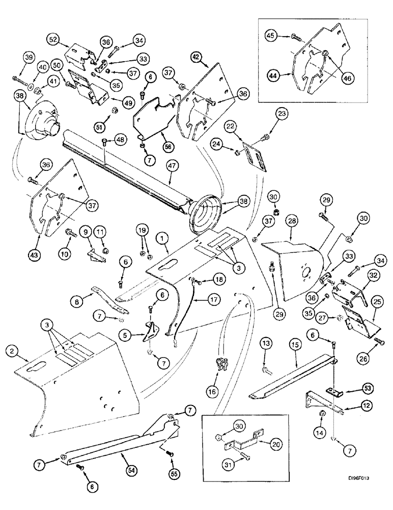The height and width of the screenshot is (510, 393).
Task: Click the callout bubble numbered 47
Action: pyautogui.click(x=171, y=178)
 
